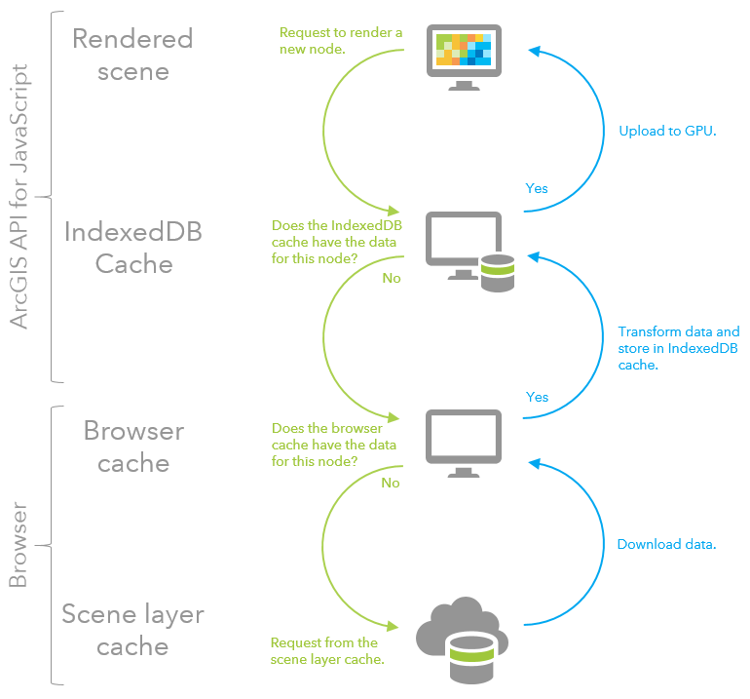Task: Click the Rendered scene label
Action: (132, 55)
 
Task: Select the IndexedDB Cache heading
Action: (132, 248)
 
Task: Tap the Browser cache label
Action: (133, 446)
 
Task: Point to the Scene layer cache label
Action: (132, 630)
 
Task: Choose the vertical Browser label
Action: (19, 546)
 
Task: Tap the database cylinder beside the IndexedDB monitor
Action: (497, 271)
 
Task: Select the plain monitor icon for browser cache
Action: (464, 442)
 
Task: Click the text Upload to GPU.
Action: (667, 131)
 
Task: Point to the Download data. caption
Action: (666, 544)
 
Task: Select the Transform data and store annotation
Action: (678, 348)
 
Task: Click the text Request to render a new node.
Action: (340, 41)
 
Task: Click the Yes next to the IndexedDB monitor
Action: (537, 188)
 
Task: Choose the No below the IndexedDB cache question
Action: (392, 278)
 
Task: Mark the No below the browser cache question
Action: (391, 482)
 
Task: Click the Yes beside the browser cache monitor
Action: (537, 397)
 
